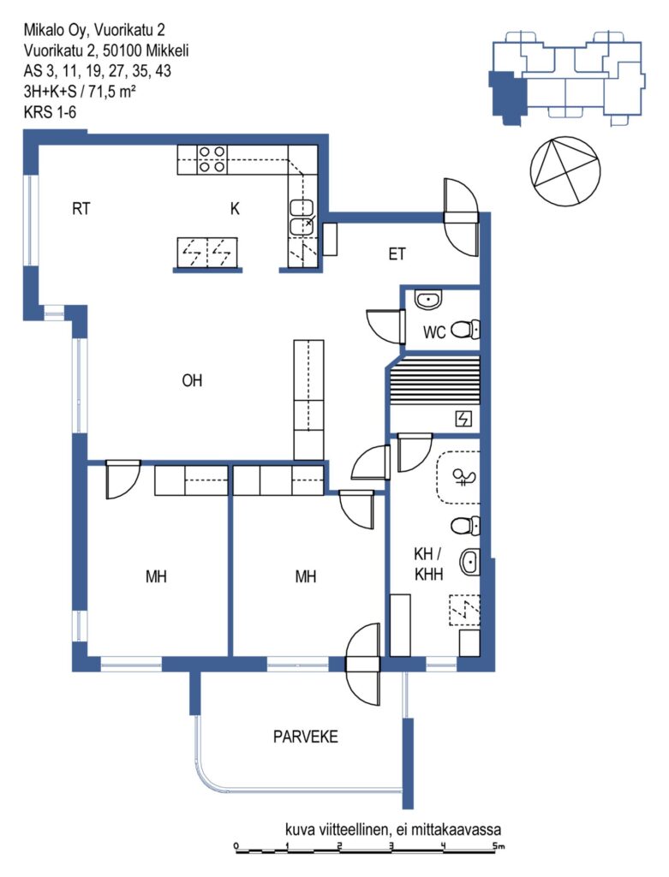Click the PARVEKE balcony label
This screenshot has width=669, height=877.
(306, 737)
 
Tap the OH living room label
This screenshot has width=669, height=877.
(192, 380)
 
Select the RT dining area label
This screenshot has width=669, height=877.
(81, 209)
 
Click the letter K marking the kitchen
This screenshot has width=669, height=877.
(235, 209)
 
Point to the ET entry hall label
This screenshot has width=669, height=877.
(397, 254)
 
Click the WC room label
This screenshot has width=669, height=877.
(434, 332)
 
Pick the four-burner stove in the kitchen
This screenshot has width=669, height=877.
(212, 159)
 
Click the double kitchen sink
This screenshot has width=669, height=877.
(302, 217)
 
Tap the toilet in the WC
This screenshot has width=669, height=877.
(465, 330)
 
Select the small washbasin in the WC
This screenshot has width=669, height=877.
(428, 300)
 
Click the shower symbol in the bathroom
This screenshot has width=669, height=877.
(464, 478)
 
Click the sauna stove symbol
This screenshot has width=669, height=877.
(463, 418)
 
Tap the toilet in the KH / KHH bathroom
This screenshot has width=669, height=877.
(465, 525)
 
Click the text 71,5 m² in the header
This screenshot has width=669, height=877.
(112, 92)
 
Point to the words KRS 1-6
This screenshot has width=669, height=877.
(50, 112)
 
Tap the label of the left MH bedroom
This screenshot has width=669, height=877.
(156, 576)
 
